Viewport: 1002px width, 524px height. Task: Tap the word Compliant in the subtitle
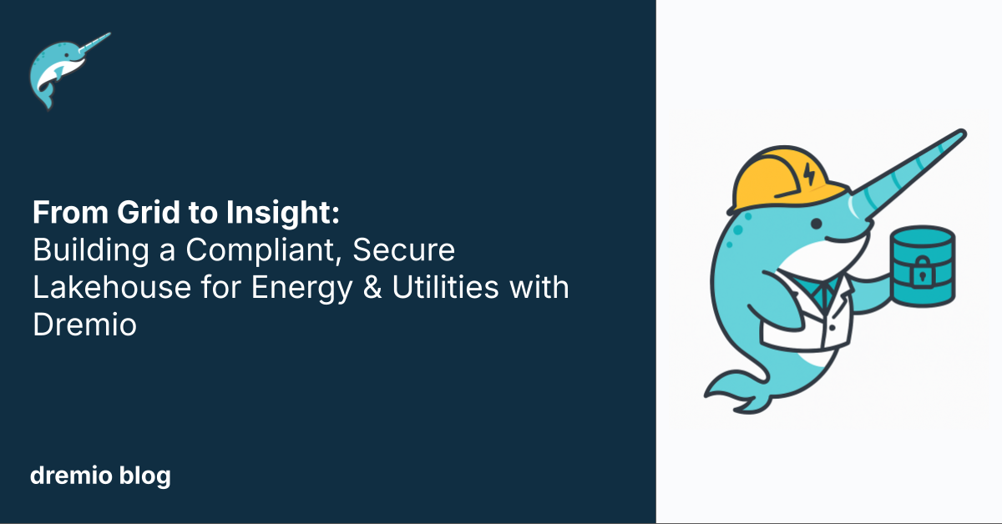click(x=261, y=251)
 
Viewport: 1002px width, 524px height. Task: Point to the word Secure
click(x=403, y=249)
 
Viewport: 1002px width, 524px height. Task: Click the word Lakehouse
click(x=112, y=287)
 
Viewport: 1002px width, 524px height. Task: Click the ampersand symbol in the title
click(x=372, y=287)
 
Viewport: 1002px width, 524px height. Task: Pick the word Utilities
click(x=445, y=287)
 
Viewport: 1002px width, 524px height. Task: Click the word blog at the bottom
click(x=145, y=476)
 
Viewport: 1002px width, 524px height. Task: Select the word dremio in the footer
click(x=71, y=476)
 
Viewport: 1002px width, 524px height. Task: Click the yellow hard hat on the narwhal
click(x=787, y=179)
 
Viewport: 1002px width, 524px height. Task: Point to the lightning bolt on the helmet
click(x=809, y=174)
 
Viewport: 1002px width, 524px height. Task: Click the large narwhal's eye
click(x=817, y=223)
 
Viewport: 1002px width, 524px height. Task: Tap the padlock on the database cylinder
click(x=922, y=272)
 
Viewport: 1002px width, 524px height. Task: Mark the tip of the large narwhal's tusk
click(x=964, y=133)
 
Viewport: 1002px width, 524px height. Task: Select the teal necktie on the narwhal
click(x=823, y=294)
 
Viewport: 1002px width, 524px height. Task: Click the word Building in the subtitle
click(x=91, y=251)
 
